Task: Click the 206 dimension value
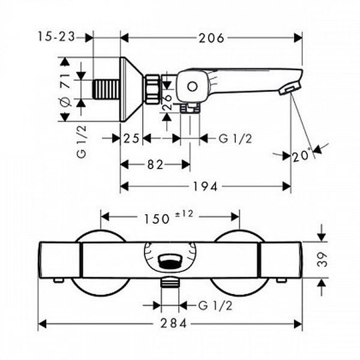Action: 211,38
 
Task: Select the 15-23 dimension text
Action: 56,37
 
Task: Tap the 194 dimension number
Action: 205,187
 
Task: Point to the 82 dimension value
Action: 155,164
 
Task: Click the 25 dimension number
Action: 131,139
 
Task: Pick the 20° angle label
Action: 301,156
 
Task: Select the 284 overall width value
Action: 173,324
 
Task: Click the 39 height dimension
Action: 322,259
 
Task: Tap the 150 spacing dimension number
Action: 157,219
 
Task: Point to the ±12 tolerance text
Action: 184,214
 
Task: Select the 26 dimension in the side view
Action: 167,102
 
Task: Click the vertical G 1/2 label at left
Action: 82,142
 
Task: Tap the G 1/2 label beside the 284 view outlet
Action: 215,305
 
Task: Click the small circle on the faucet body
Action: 192,86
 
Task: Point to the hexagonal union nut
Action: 152,89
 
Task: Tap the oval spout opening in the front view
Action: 170,262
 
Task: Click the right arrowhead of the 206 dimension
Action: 298,38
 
